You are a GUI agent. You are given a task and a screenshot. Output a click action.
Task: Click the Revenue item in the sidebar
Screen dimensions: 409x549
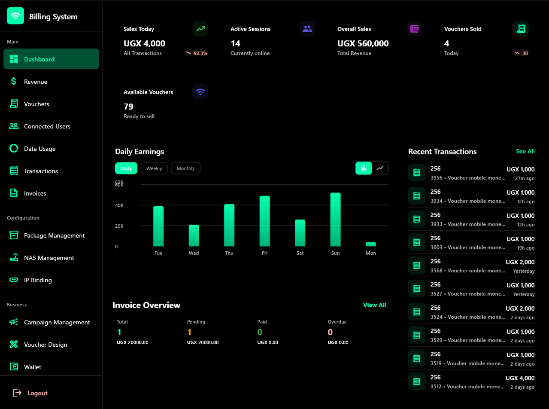click(x=36, y=82)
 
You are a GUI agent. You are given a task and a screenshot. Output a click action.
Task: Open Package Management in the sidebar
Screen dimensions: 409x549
click(x=54, y=235)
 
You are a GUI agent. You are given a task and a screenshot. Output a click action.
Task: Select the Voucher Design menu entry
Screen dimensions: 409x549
click(x=45, y=345)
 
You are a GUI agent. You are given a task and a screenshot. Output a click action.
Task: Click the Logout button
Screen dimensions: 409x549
click(x=37, y=393)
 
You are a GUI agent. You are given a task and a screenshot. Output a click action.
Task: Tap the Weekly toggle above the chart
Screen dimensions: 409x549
click(x=154, y=168)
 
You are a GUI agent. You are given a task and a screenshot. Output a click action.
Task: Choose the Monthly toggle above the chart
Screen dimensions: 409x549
click(x=185, y=168)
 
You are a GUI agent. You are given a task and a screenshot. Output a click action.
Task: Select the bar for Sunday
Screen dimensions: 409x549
click(x=335, y=220)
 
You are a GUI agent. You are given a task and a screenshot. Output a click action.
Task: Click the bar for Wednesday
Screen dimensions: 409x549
click(x=194, y=235)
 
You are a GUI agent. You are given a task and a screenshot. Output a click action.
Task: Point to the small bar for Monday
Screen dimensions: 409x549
click(x=370, y=244)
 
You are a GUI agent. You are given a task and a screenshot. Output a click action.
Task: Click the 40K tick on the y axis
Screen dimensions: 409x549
click(x=119, y=205)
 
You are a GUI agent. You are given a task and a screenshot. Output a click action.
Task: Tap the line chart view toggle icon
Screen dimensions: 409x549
click(x=380, y=168)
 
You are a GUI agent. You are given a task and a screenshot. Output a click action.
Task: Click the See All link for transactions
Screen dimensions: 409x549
click(x=525, y=151)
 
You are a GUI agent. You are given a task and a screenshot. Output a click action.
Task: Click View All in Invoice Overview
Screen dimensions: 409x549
click(x=374, y=305)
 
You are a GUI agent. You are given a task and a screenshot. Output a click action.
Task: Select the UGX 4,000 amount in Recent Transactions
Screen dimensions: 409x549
click(x=520, y=378)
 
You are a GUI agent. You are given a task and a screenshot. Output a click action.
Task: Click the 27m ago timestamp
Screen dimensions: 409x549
click(x=525, y=178)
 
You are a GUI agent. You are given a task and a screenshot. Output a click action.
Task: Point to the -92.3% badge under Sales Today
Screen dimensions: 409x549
click(x=197, y=53)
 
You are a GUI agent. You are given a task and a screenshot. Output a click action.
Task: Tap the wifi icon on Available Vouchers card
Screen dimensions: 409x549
click(x=200, y=92)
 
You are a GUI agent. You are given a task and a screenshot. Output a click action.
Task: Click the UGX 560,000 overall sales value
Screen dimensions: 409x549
click(x=363, y=43)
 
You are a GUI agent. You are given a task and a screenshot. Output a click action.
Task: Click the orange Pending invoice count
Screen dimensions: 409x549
click(x=189, y=332)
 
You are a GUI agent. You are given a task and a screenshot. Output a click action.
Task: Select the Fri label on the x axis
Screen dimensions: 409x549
click(x=264, y=253)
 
